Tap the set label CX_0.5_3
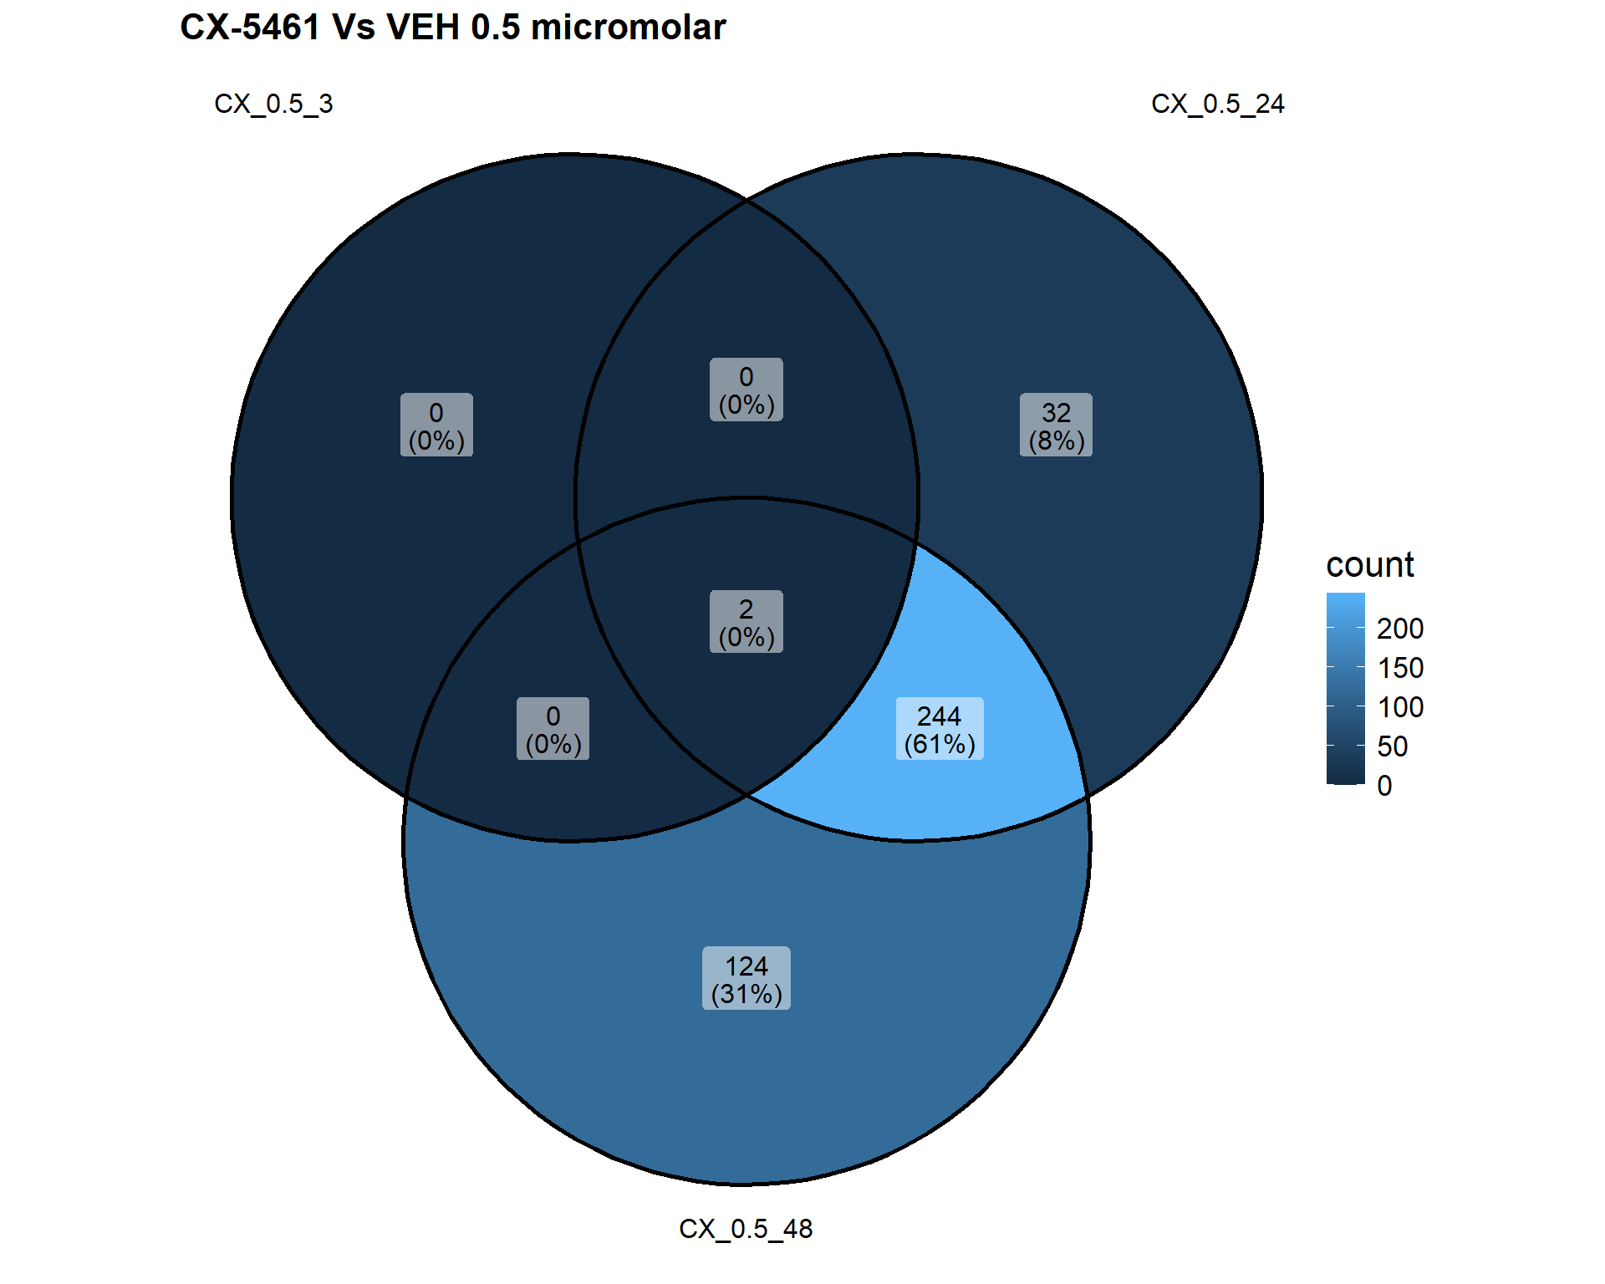click(x=273, y=104)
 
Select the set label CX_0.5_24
click(x=1217, y=104)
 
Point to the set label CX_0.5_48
click(x=746, y=1229)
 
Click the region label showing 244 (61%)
click(x=940, y=729)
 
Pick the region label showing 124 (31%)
click(x=746, y=978)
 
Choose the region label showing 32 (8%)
click(x=1056, y=425)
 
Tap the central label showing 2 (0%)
click(x=746, y=622)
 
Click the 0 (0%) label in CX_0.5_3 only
click(x=436, y=425)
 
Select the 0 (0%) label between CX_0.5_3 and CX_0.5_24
click(x=746, y=390)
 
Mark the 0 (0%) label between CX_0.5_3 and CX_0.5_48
click(x=553, y=729)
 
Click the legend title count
click(x=1370, y=565)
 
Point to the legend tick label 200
click(x=1400, y=629)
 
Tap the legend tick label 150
click(x=1400, y=668)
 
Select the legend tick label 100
click(x=1400, y=707)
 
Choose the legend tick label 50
click(x=1393, y=746)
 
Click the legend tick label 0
click(x=1385, y=786)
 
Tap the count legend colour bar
click(x=1346, y=689)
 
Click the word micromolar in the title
click(x=629, y=28)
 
